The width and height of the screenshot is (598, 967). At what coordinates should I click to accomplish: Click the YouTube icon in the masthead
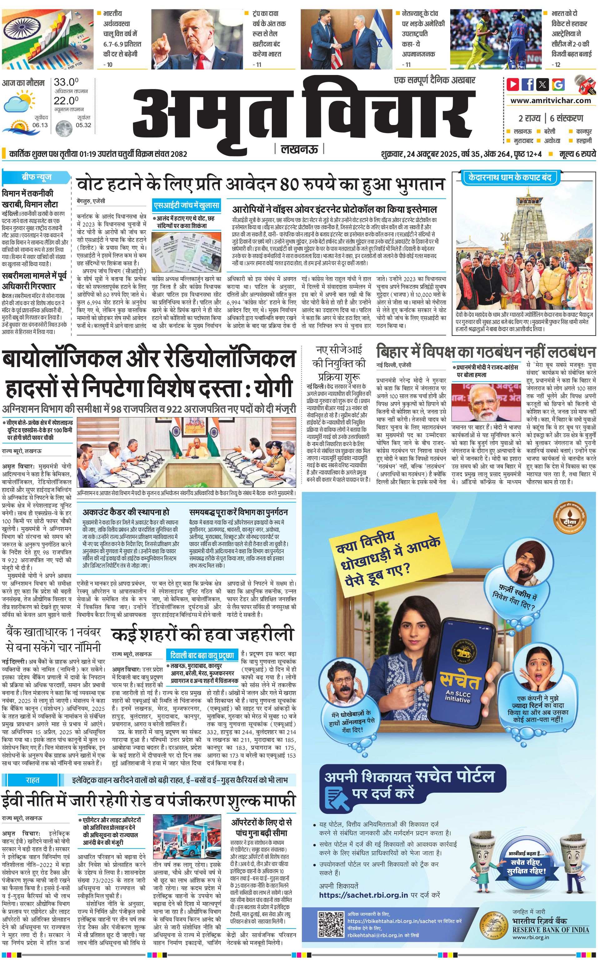[513, 84]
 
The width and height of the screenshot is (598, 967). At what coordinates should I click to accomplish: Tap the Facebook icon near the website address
[528, 84]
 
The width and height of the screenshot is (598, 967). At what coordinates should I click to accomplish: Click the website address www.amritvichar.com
[550, 101]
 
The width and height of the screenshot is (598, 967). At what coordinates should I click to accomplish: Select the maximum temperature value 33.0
[66, 82]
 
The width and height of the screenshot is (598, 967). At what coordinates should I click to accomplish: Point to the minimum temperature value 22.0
[66, 101]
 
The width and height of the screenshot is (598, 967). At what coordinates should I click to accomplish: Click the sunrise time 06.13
[40, 125]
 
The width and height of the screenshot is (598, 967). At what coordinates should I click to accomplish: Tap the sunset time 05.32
[83, 125]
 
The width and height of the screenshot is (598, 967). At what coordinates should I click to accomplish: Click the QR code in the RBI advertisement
[331, 924]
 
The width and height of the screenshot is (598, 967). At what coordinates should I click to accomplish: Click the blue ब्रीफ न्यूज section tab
[36, 177]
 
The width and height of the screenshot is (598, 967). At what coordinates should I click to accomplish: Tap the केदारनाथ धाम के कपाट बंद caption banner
[510, 177]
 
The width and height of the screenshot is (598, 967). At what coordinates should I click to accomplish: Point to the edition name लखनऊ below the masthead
[299, 149]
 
